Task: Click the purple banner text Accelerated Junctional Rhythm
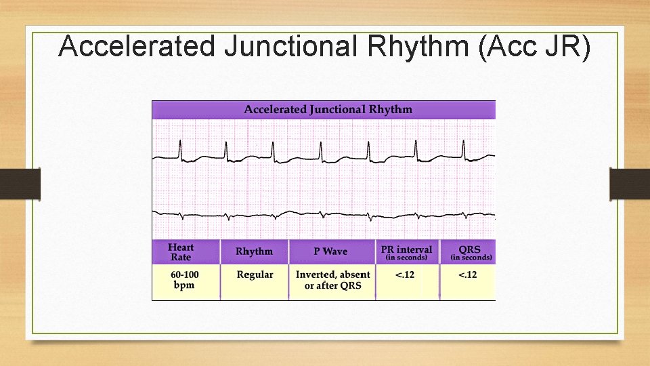[x=328, y=110]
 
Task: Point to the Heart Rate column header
[x=180, y=252]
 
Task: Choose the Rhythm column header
[x=254, y=251]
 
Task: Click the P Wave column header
[x=330, y=251]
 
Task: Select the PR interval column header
[x=406, y=252]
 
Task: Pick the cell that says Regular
[x=255, y=274]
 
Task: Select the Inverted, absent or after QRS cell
[x=332, y=280]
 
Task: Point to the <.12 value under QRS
[x=467, y=274]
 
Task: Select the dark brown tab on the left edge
[x=20, y=184]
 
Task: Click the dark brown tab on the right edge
[x=630, y=184]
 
